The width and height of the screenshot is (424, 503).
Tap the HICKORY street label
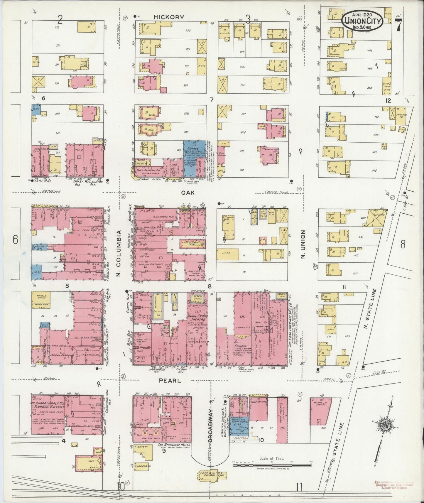[x=169, y=17]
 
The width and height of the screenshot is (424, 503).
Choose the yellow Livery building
[x=376, y=217]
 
